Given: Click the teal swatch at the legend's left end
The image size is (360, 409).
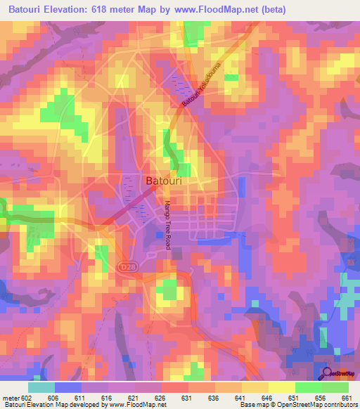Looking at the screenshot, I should [x=41, y=387].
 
